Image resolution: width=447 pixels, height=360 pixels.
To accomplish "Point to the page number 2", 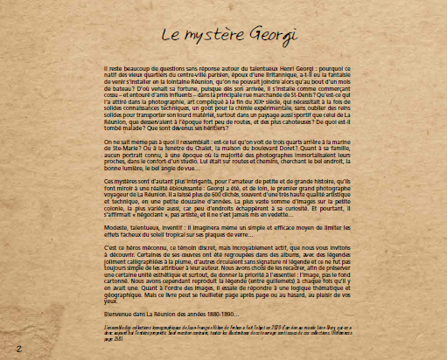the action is pyautogui.click(x=18, y=348).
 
